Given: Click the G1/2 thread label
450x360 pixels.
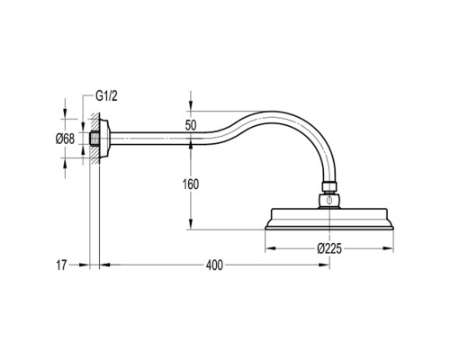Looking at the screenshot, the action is [106, 96].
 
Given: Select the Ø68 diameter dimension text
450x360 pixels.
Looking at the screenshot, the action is [65, 139].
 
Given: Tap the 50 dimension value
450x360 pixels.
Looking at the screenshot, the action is [191, 125].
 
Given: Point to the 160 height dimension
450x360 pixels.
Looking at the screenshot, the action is [191, 184].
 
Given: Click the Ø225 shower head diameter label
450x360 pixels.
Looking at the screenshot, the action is [329, 248].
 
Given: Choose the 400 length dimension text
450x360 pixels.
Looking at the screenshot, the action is [214, 265].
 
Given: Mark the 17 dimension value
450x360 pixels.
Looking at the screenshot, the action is [61, 265].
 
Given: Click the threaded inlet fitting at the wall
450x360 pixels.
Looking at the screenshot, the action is [94, 139].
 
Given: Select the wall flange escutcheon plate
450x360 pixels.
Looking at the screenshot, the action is [104, 139].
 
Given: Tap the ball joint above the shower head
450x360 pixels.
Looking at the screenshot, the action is [329, 201].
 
